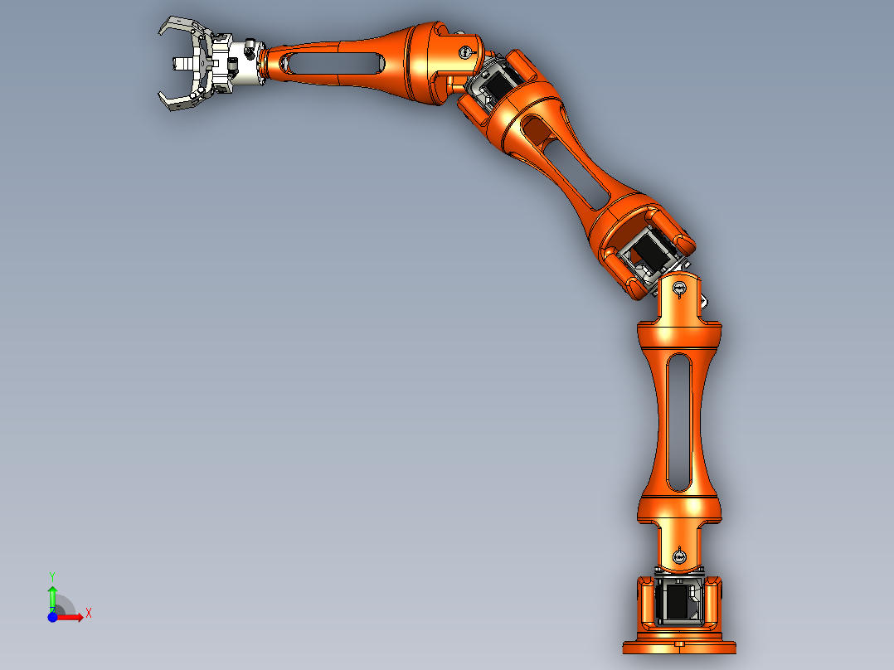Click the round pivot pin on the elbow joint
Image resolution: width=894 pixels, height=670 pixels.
pyautogui.click(x=464, y=51)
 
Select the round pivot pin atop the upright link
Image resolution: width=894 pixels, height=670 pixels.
pyautogui.click(x=679, y=289)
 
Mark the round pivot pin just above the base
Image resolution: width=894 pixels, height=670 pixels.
pyautogui.click(x=679, y=556)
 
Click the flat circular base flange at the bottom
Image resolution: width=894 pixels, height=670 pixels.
pyautogui.click(x=679, y=646)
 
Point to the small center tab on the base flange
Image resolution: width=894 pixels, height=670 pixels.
pyautogui.click(x=679, y=642)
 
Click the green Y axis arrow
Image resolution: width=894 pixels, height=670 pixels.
pyautogui.click(x=52, y=594)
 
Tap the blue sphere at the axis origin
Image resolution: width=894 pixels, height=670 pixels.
pyautogui.click(x=52, y=617)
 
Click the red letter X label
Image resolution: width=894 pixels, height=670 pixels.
pyautogui.click(x=88, y=613)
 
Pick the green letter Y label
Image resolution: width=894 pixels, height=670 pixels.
pyautogui.click(x=52, y=575)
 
